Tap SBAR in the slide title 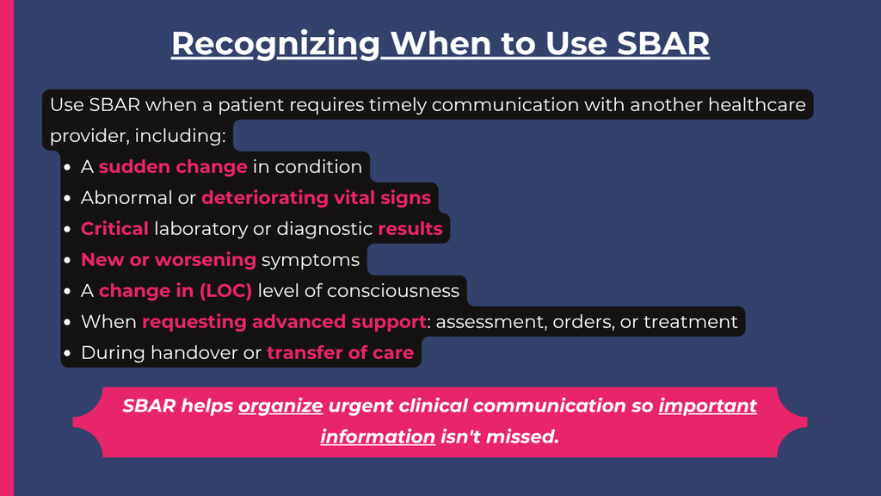(663, 43)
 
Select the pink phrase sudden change (173, 166)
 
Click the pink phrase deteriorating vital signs (317, 198)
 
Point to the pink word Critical (114, 229)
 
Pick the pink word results (410, 229)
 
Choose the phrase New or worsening (169, 260)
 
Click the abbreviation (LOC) (225, 291)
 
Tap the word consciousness (392, 291)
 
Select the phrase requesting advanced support (284, 322)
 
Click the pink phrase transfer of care (341, 352)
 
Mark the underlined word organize (280, 406)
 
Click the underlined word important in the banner (707, 406)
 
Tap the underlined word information (378, 437)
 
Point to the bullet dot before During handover (67, 353)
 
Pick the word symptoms (310, 260)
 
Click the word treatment (691, 322)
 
